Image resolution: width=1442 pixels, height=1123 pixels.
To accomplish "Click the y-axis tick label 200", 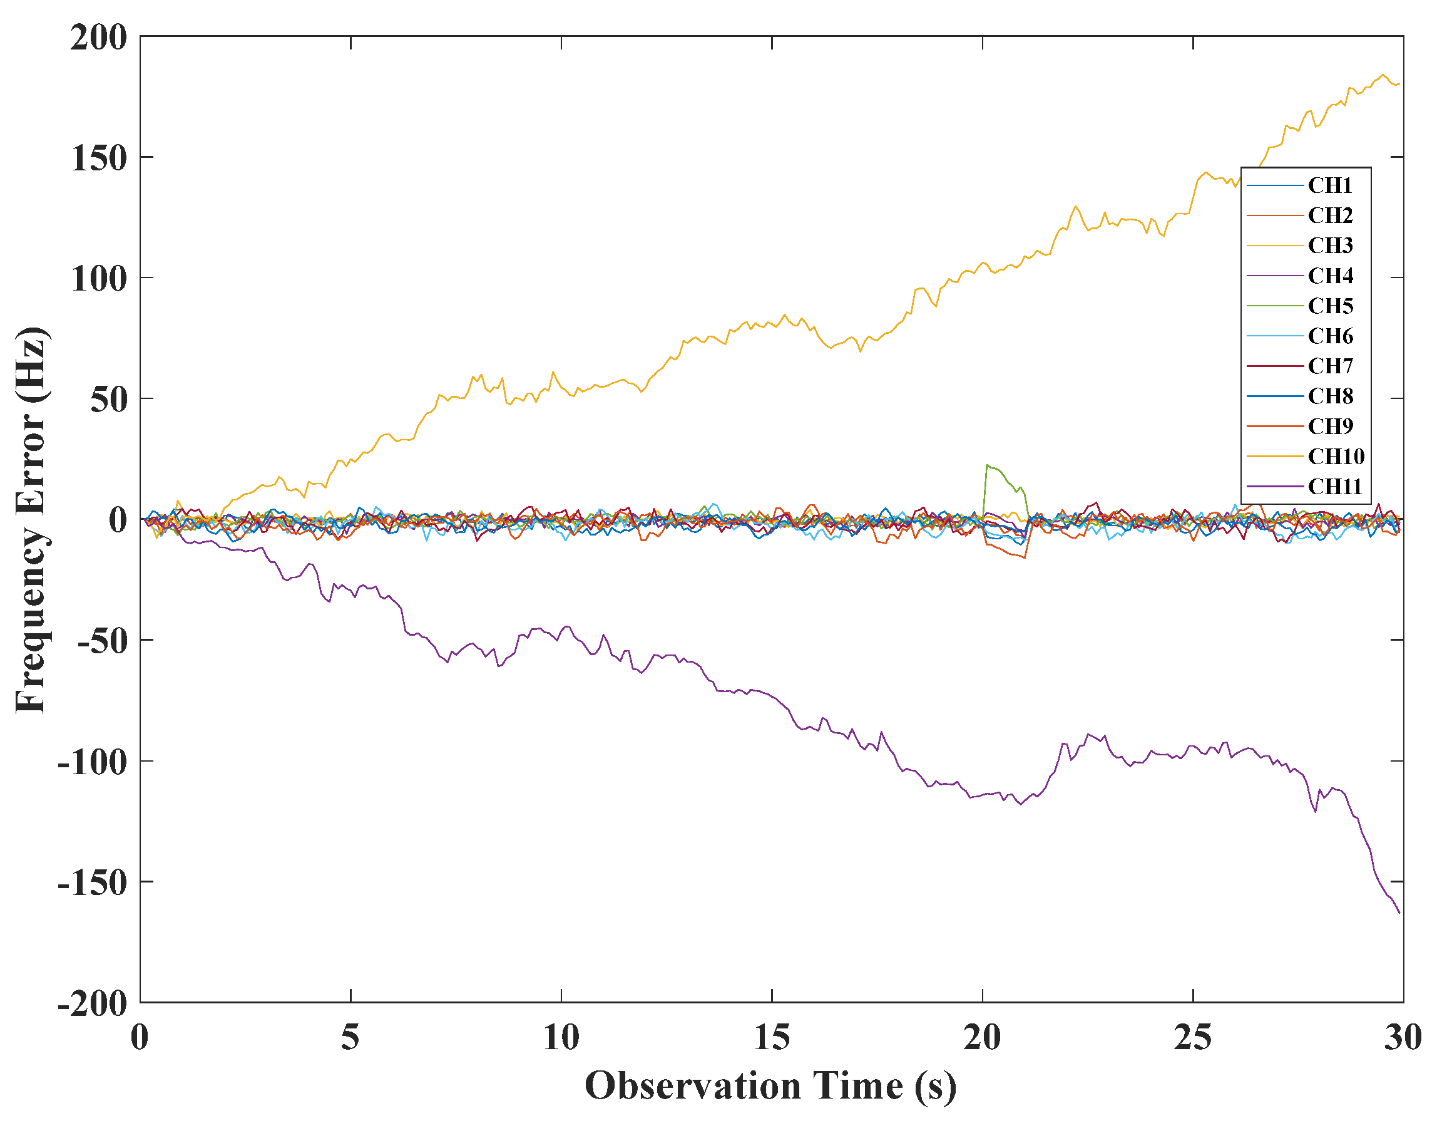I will tap(99, 38).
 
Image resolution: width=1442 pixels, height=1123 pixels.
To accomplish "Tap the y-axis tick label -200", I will tap(93, 1003).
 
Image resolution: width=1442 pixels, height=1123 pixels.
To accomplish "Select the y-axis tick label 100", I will tap(99, 279).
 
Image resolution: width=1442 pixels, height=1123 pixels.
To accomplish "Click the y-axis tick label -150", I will tap(93, 882).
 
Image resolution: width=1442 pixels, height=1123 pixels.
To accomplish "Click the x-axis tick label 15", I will tap(771, 1038).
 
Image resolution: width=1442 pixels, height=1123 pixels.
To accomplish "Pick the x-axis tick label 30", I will tap(1403, 1038).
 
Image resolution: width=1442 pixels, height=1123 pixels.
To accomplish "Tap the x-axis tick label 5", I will tap(350, 1038).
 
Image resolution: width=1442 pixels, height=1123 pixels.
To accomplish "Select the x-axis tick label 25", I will tap(1192, 1038).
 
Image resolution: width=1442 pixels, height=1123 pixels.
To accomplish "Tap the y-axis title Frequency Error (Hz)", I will tap(32, 519).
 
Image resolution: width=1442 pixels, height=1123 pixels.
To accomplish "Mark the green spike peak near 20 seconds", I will tap(987, 465).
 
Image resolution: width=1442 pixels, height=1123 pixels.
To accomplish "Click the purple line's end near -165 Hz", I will tap(1399, 913).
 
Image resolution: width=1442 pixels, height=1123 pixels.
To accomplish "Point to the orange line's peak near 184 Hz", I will tap(1383, 75).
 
